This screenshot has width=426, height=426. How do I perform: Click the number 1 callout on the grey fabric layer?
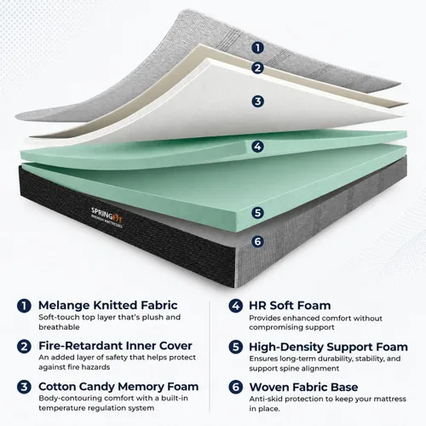coord(257,48)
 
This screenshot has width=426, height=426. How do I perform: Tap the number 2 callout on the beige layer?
coord(257,68)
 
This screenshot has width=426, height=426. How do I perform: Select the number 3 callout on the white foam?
coord(257,101)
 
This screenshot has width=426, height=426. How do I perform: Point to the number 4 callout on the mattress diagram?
coord(257,147)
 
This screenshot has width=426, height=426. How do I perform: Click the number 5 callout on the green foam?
coord(257,213)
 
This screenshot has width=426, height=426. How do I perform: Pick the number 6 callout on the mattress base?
coord(257,241)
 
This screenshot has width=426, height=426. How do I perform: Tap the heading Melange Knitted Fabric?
coord(108,305)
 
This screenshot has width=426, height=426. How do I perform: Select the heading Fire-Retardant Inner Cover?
coord(115,346)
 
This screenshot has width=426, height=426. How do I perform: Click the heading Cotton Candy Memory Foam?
coord(118,387)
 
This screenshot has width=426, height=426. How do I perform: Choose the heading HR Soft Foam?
coord(290,306)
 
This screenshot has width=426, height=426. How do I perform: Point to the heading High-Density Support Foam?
coord(328,347)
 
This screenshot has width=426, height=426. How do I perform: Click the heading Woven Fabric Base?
coord(303,387)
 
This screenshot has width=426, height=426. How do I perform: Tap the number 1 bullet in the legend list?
coord(24,306)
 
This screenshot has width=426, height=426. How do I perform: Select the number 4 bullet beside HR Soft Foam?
coord(236,306)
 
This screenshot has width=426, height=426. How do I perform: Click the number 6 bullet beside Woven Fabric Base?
coord(236,387)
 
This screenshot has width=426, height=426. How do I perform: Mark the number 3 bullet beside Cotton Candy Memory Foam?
coord(24,387)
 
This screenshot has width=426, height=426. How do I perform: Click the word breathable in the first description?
coord(59,327)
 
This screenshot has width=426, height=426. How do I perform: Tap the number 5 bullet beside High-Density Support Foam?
coord(236,347)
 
